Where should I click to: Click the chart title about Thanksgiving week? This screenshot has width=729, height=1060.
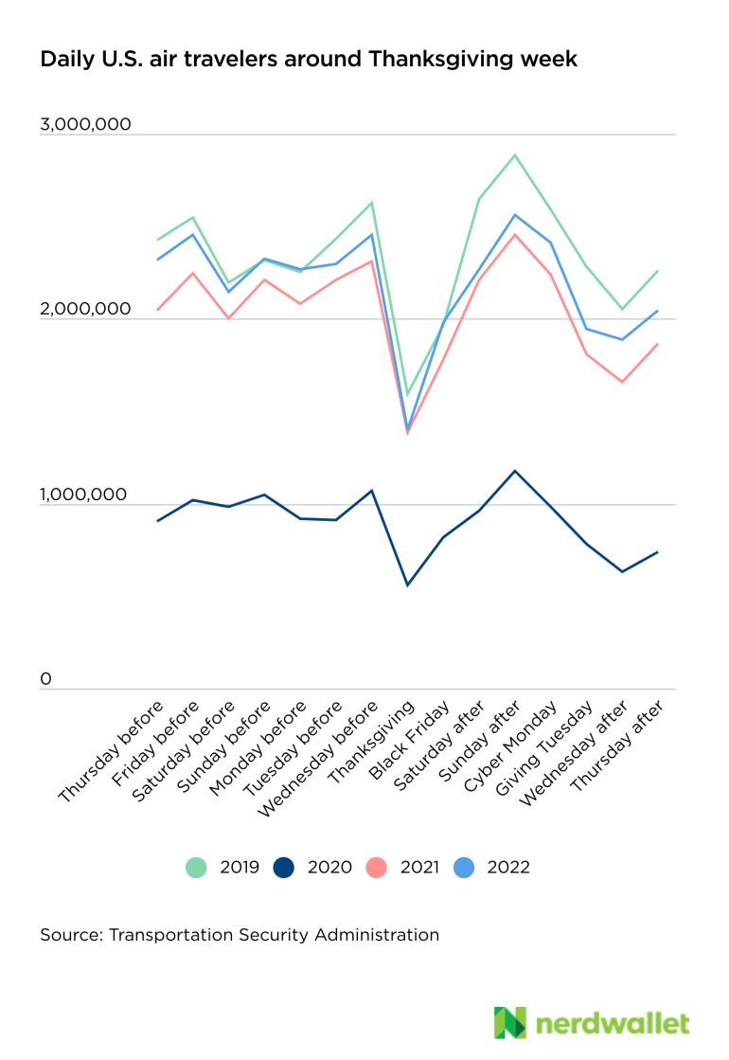(x=308, y=60)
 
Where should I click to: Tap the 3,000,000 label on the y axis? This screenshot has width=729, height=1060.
(x=85, y=125)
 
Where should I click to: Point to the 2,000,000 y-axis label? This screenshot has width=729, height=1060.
(x=85, y=310)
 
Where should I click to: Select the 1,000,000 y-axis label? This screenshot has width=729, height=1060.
(x=85, y=494)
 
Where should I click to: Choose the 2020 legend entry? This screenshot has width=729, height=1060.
(x=312, y=867)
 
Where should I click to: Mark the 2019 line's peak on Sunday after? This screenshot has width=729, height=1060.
(x=514, y=154)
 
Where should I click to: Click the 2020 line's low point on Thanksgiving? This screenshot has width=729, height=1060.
(x=407, y=585)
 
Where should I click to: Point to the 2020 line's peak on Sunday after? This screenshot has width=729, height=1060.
(x=514, y=471)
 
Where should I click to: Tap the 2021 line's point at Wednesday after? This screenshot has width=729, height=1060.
(x=622, y=382)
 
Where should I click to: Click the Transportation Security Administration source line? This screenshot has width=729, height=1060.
(x=240, y=935)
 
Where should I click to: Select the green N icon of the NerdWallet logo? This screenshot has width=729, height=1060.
(x=509, y=1023)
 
